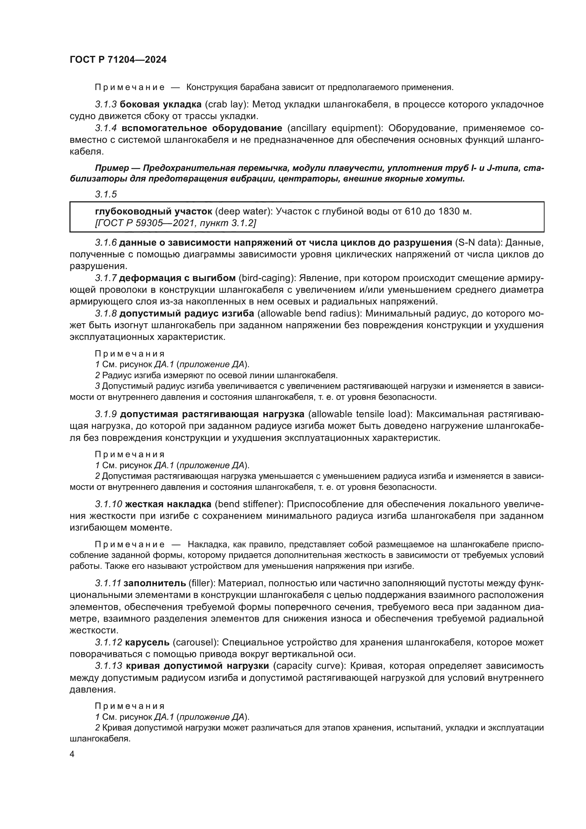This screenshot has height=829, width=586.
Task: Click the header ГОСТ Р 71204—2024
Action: (118, 60)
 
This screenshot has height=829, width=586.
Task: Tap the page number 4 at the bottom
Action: (72, 755)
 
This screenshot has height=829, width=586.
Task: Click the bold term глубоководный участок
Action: (153, 211)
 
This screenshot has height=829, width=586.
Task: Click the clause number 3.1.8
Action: (106, 313)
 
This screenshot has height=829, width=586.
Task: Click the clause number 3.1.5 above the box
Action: (106, 194)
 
